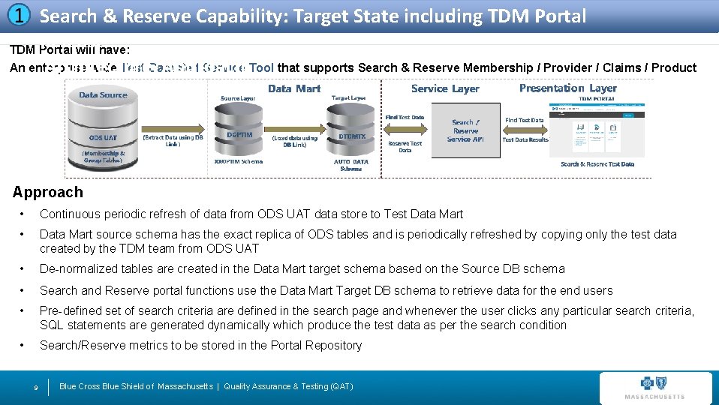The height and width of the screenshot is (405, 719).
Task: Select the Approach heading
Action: tap(47, 193)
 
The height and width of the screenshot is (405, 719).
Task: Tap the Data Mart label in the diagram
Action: tap(293, 88)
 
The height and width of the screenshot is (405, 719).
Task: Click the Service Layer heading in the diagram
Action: tap(445, 88)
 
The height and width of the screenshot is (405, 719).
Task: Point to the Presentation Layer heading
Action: tap(567, 88)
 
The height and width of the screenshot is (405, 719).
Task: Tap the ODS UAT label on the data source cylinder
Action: tap(103, 138)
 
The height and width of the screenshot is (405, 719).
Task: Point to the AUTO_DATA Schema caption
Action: tap(350, 165)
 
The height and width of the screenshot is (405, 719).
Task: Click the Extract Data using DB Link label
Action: tap(173, 140)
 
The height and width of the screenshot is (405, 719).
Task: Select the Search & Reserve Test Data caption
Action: tap(597, 164)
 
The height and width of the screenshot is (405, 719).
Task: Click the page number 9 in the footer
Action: tap(36, 387)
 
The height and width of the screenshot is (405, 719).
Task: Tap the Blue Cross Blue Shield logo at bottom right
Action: tap(655, 388)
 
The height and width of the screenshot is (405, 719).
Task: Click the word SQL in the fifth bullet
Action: tap(52, 325)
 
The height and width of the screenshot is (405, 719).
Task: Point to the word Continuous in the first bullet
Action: tap(69, 214)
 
